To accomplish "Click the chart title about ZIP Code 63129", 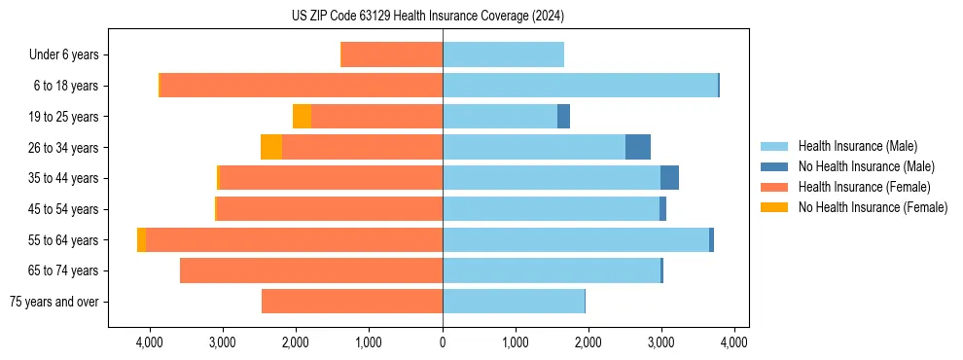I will (427, 17).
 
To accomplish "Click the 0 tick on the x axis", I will (443, 342).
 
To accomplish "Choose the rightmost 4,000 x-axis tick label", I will (733, 342).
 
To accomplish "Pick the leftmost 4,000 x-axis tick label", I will (150, 342).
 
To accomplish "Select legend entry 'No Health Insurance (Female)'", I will (873, 207).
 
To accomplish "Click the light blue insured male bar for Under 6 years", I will (503, 55).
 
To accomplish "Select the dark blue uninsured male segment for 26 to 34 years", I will (638, 148).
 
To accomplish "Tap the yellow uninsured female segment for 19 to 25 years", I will (303, 117).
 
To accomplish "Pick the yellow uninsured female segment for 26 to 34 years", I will (271, 148).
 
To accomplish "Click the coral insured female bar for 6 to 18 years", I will (302, 86).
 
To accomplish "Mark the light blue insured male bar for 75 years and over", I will (514, 302).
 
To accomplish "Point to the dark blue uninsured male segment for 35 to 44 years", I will (669, 178).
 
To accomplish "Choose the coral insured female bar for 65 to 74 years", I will (311, 270).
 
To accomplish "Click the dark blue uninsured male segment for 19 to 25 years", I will (563, 117).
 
